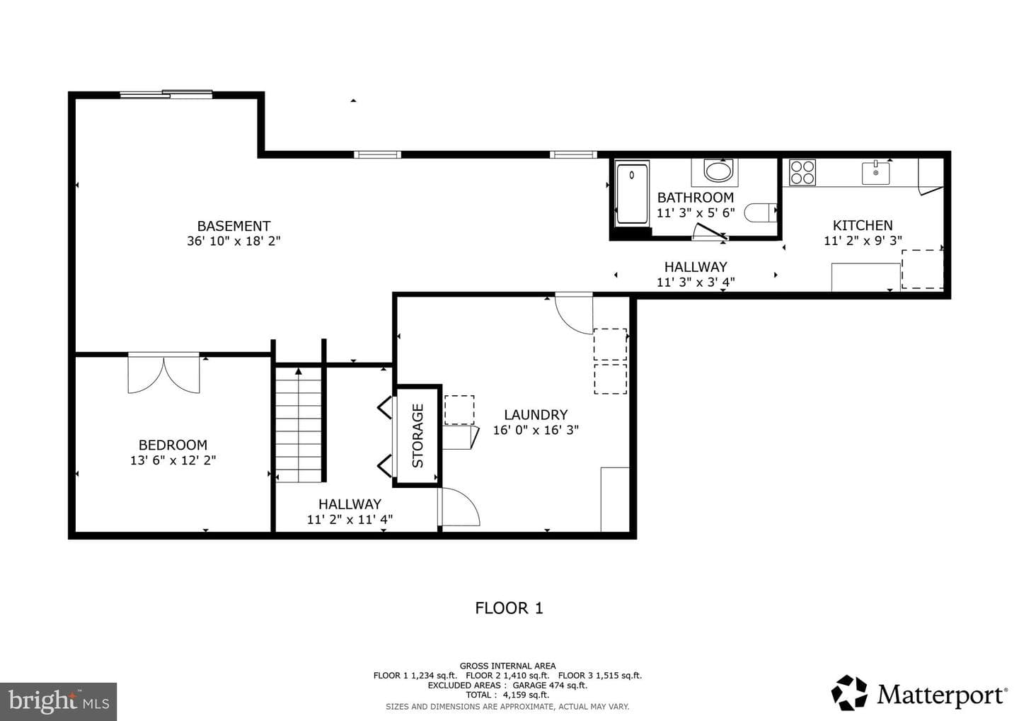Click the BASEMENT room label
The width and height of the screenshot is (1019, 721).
click(x=234, y=226)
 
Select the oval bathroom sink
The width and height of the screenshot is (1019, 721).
click(x=718, y=171)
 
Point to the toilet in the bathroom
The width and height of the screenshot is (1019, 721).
click(x=760, y=212)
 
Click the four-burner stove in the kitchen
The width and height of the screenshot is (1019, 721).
click(x=802, y=172)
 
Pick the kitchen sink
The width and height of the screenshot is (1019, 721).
click(x=876, y=173)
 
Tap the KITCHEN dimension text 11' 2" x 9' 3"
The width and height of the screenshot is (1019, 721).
click(x=863, y=240)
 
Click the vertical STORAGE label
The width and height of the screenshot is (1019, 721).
click(x=418, y=436)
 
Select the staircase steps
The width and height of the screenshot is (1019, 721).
click(x=299, y=425)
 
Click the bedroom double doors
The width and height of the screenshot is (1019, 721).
click(x=163, y=373)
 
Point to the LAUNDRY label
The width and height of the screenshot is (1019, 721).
click(x=536, y=414)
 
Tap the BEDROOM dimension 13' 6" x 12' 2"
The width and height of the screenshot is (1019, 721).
click(x=173, y=460)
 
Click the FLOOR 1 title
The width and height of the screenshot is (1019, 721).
click(x=509, y=608)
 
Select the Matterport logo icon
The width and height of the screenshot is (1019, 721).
click(x=849, y=693)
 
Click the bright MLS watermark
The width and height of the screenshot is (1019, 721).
click(x=58, y=701)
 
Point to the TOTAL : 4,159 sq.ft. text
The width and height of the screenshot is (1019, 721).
click(x=507, y=695)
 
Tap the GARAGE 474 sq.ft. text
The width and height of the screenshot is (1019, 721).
click(x=550, y=685)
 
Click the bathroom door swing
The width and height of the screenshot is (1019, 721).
click(x=710, y=232)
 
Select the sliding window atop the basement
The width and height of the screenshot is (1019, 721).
click(x=166, y=94)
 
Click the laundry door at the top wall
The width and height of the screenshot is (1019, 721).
click(x=574, y=314)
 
